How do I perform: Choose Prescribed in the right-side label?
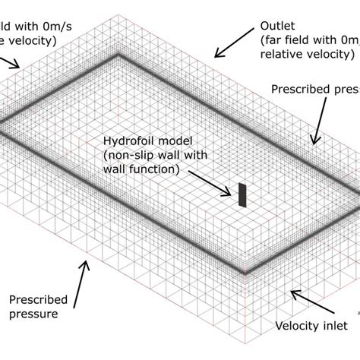301,90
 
